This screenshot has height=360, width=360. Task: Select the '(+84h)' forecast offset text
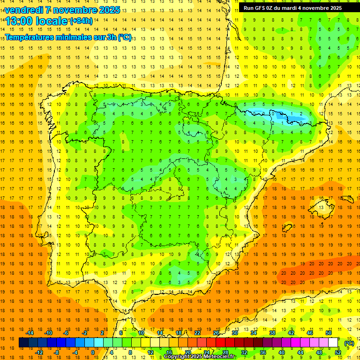coord(81,21)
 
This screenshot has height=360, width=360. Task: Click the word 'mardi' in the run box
coord(290,8)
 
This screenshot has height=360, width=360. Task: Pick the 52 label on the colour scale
coord(338,352)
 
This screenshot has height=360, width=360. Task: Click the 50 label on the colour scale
coord(329,333)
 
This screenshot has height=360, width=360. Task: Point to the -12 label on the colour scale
coord(39,352)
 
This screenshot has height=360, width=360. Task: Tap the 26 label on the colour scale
coord(216,333)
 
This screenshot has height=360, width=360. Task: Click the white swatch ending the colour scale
coord(333,343)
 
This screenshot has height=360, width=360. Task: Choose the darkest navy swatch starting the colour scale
coord(23,343)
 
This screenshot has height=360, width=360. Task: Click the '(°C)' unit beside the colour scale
coord(349,343)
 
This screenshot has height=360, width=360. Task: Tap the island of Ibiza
coord(287,228)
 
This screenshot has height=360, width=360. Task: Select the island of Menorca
coord(348,199)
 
